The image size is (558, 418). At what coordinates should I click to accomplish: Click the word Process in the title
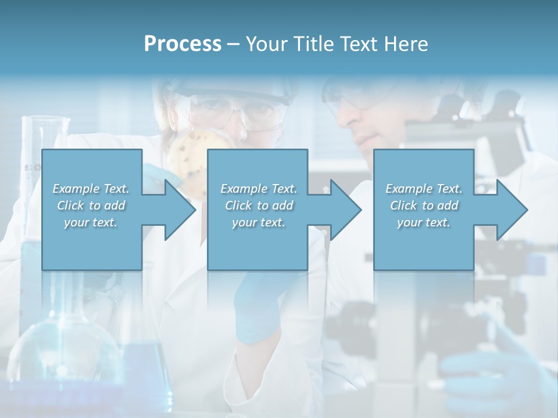[x=183, y=44]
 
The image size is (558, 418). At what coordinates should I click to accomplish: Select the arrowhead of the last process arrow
[x=512, y=210]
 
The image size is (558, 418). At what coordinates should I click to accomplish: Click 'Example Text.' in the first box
[x=91, y=189]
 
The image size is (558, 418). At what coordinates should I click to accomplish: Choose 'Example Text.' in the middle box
[x=259, y=189]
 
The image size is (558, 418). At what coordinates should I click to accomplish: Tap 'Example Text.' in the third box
[x=424, y=189]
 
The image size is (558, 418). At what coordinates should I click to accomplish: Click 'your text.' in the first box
[x=91, y=222]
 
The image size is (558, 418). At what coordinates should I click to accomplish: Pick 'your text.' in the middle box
[x=259, y=222]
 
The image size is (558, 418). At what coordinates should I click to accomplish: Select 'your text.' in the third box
[x=424, y=222]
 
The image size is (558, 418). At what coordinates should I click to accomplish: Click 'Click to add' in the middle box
[x=259, y=206]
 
